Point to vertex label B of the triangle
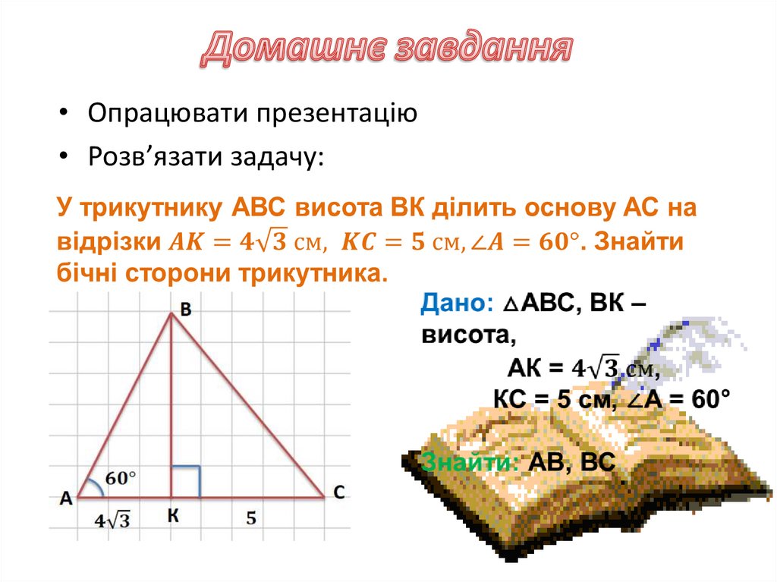click(186, 307)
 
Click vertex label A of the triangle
click(66, 498)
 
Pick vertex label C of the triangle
click(339, 493)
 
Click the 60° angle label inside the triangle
click(121, 478)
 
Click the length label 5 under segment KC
click(250, 518)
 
